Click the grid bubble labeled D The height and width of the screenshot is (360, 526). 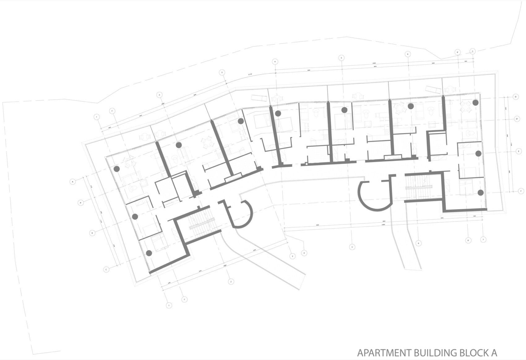click(x=515, y=97)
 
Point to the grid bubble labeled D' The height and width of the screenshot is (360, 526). click(x=517, y=119)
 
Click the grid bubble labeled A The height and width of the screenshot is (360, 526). click(x=73, y=182)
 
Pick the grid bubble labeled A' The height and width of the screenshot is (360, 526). click(x=80, y=203)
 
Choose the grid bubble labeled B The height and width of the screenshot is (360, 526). click(x=92, y=233)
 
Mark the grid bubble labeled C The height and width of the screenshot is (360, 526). click(x=106, y=270)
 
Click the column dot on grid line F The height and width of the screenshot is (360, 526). click(x=480, y=193)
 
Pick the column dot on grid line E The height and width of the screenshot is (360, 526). click(x=478, y=153)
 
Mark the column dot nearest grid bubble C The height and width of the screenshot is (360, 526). click(x=149, y=253)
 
